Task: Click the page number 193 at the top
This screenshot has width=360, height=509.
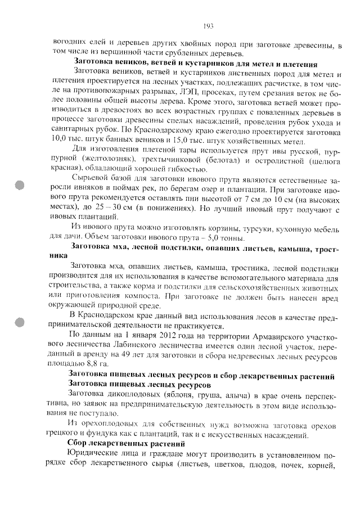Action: (x=208, y=26)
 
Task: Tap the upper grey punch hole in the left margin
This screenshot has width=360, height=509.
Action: (x=21, y=187)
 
